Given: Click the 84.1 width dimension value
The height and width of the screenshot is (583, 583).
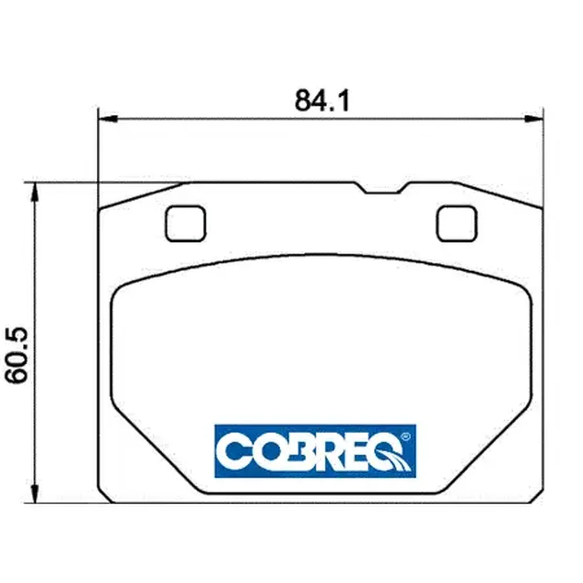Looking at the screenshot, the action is (322, 101).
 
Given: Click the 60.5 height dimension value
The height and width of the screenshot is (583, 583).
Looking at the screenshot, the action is (17, 355).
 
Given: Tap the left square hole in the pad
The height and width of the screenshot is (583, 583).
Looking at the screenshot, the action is (185, 223).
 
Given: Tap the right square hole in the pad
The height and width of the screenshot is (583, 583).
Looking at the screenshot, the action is (456, 223).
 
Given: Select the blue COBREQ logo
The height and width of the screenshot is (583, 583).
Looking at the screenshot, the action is (315, 451).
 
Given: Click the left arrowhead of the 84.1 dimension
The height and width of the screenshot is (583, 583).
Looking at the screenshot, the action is (108, 118).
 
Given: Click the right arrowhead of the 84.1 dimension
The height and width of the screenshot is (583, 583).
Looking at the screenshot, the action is (533, 118).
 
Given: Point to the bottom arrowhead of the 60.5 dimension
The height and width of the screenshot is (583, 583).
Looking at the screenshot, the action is (34, 493).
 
